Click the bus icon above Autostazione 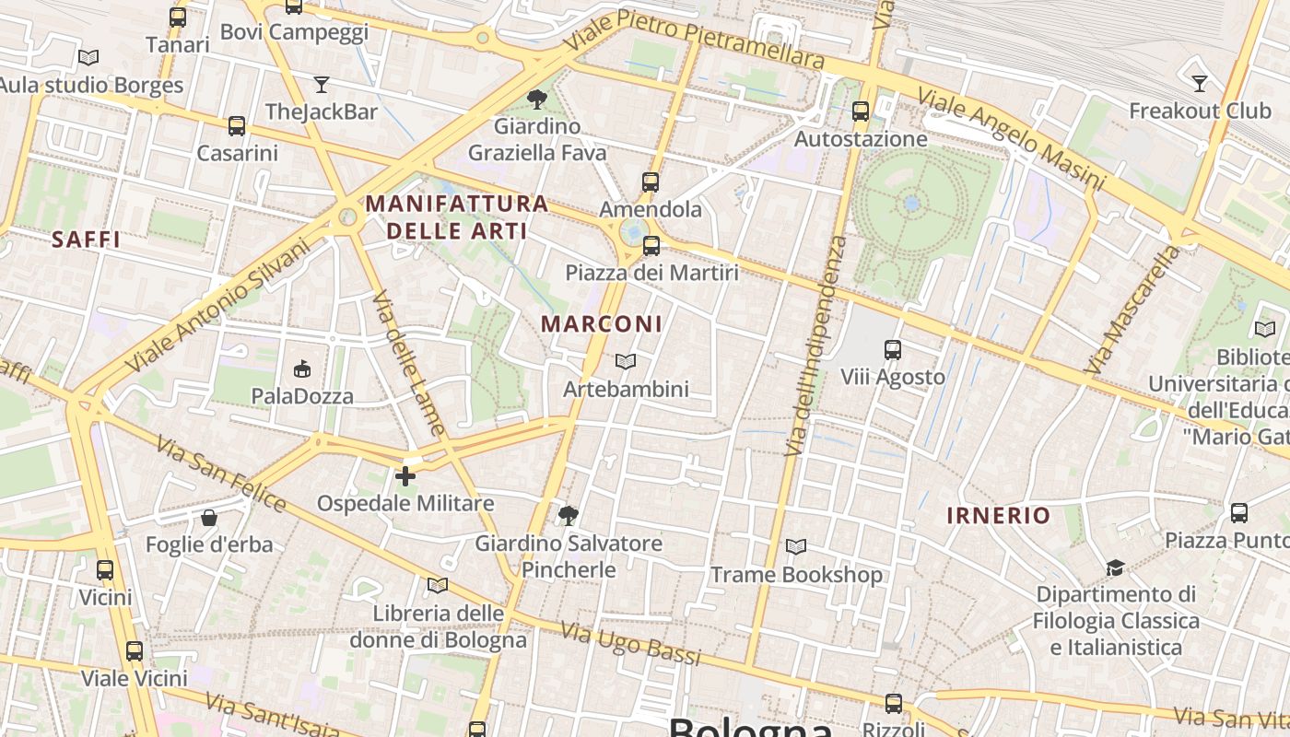[861, 111]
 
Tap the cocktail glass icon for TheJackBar [321, 85]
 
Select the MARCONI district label [602, 324]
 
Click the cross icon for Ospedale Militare [405, 476]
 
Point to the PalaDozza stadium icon [301, 369]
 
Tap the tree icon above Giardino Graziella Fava [537, 99]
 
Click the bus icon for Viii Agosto [892, 350]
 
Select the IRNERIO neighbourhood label [998, 516]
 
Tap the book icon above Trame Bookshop [796, 547]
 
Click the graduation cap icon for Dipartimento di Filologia [1116, 567]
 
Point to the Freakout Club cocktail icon [1199, 84]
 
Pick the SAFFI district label [87, 240]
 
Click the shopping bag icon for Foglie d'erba [209, 518]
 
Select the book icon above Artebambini [626, 362]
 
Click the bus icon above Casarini [237, 126]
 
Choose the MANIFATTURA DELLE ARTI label [457, 216]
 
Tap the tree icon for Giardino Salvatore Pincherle [569, 515]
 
